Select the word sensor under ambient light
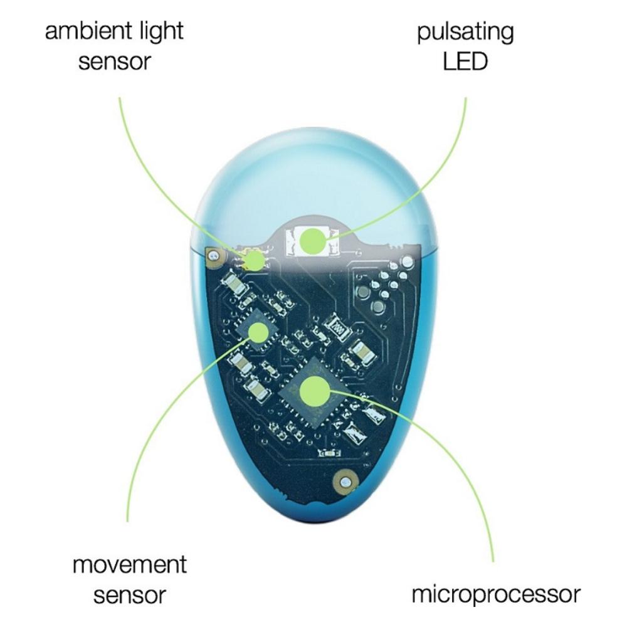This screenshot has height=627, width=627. coord(115,62)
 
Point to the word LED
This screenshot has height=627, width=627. coord(465,62)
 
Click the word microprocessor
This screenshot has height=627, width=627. coord(496,594)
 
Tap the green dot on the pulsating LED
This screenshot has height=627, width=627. coord(312,241)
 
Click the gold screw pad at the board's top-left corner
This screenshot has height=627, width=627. coord(215,255)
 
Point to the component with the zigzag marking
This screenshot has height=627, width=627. coord(337,327)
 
